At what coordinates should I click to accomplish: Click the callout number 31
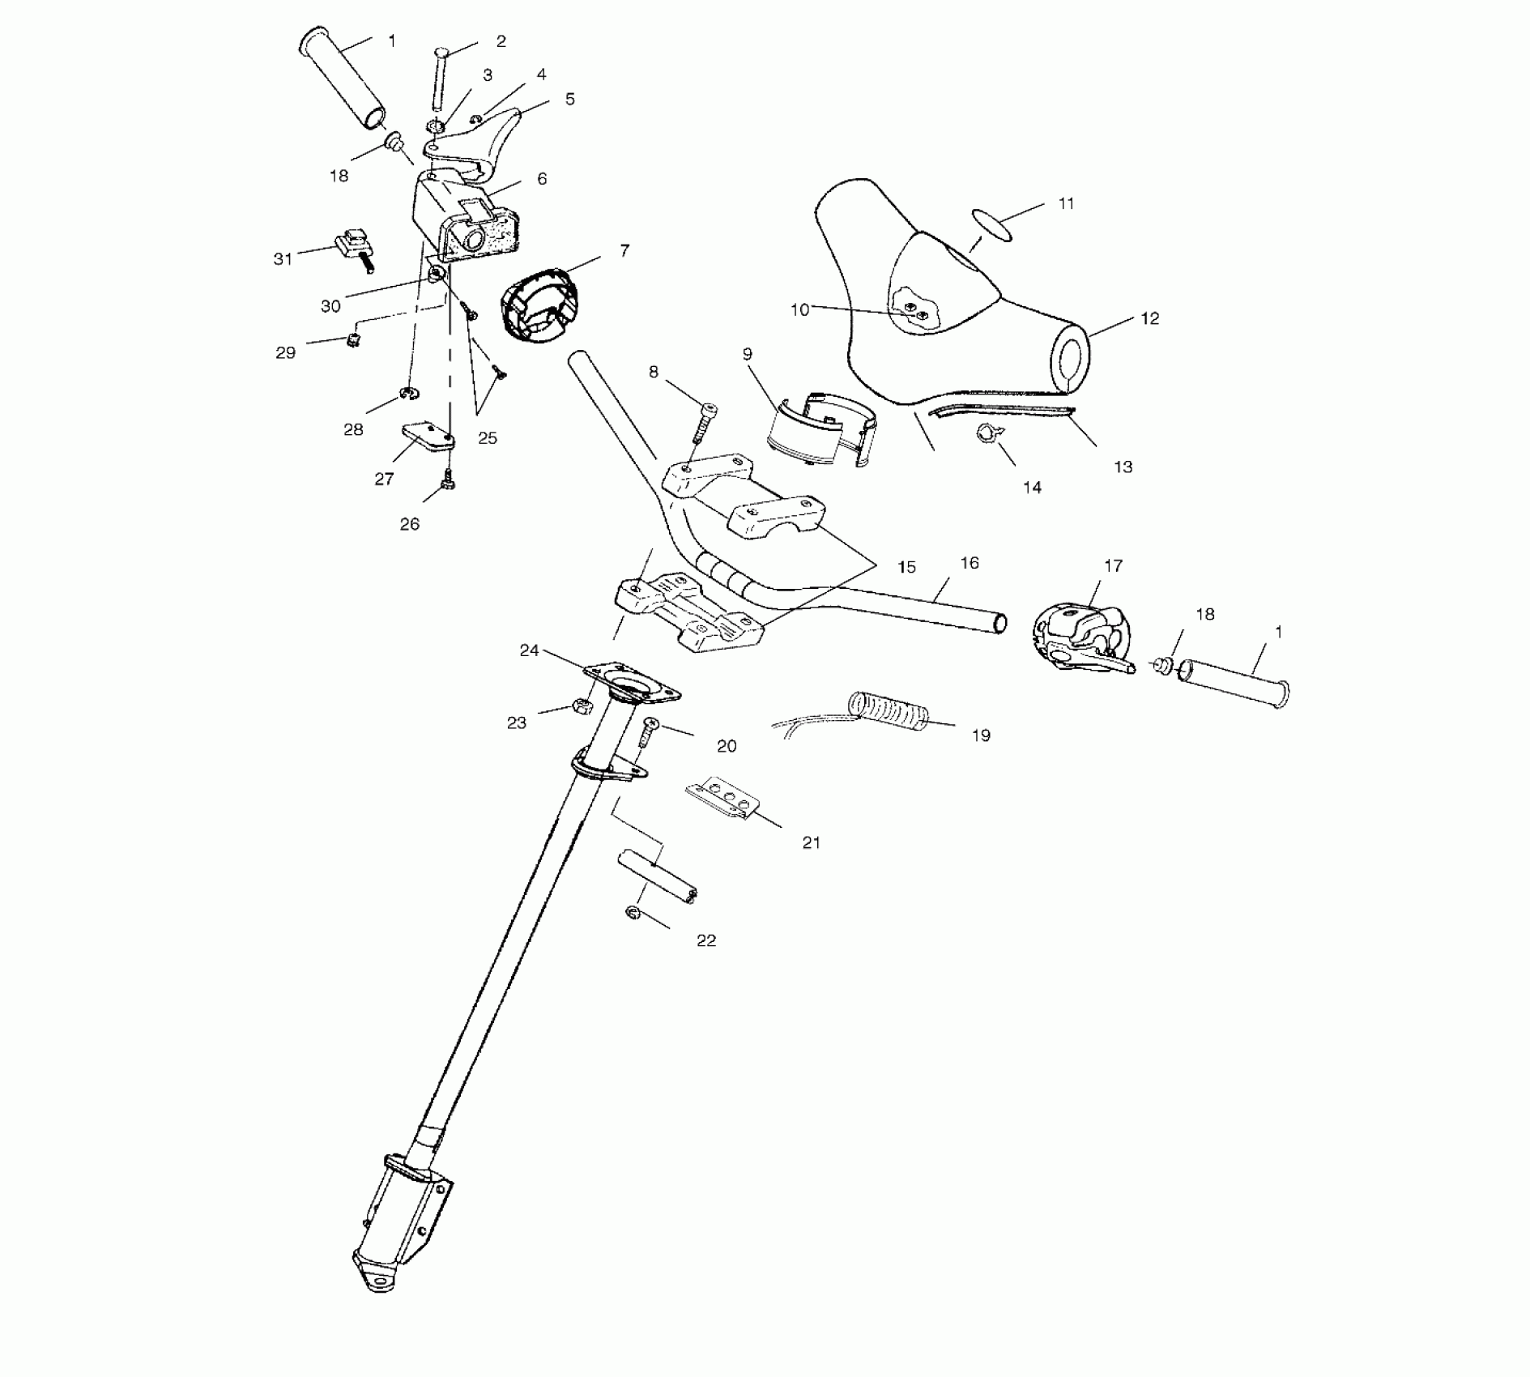[282, 259]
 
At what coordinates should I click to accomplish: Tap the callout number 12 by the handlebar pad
[1149, 318]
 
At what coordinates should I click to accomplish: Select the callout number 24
[529, 650]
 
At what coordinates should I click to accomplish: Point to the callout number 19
[980, 735]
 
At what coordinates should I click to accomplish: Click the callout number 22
[706, 940]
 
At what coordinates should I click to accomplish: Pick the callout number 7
[624, 251]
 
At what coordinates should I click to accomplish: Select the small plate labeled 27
[427, 436]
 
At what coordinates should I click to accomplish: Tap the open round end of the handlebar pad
[1072, 359]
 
